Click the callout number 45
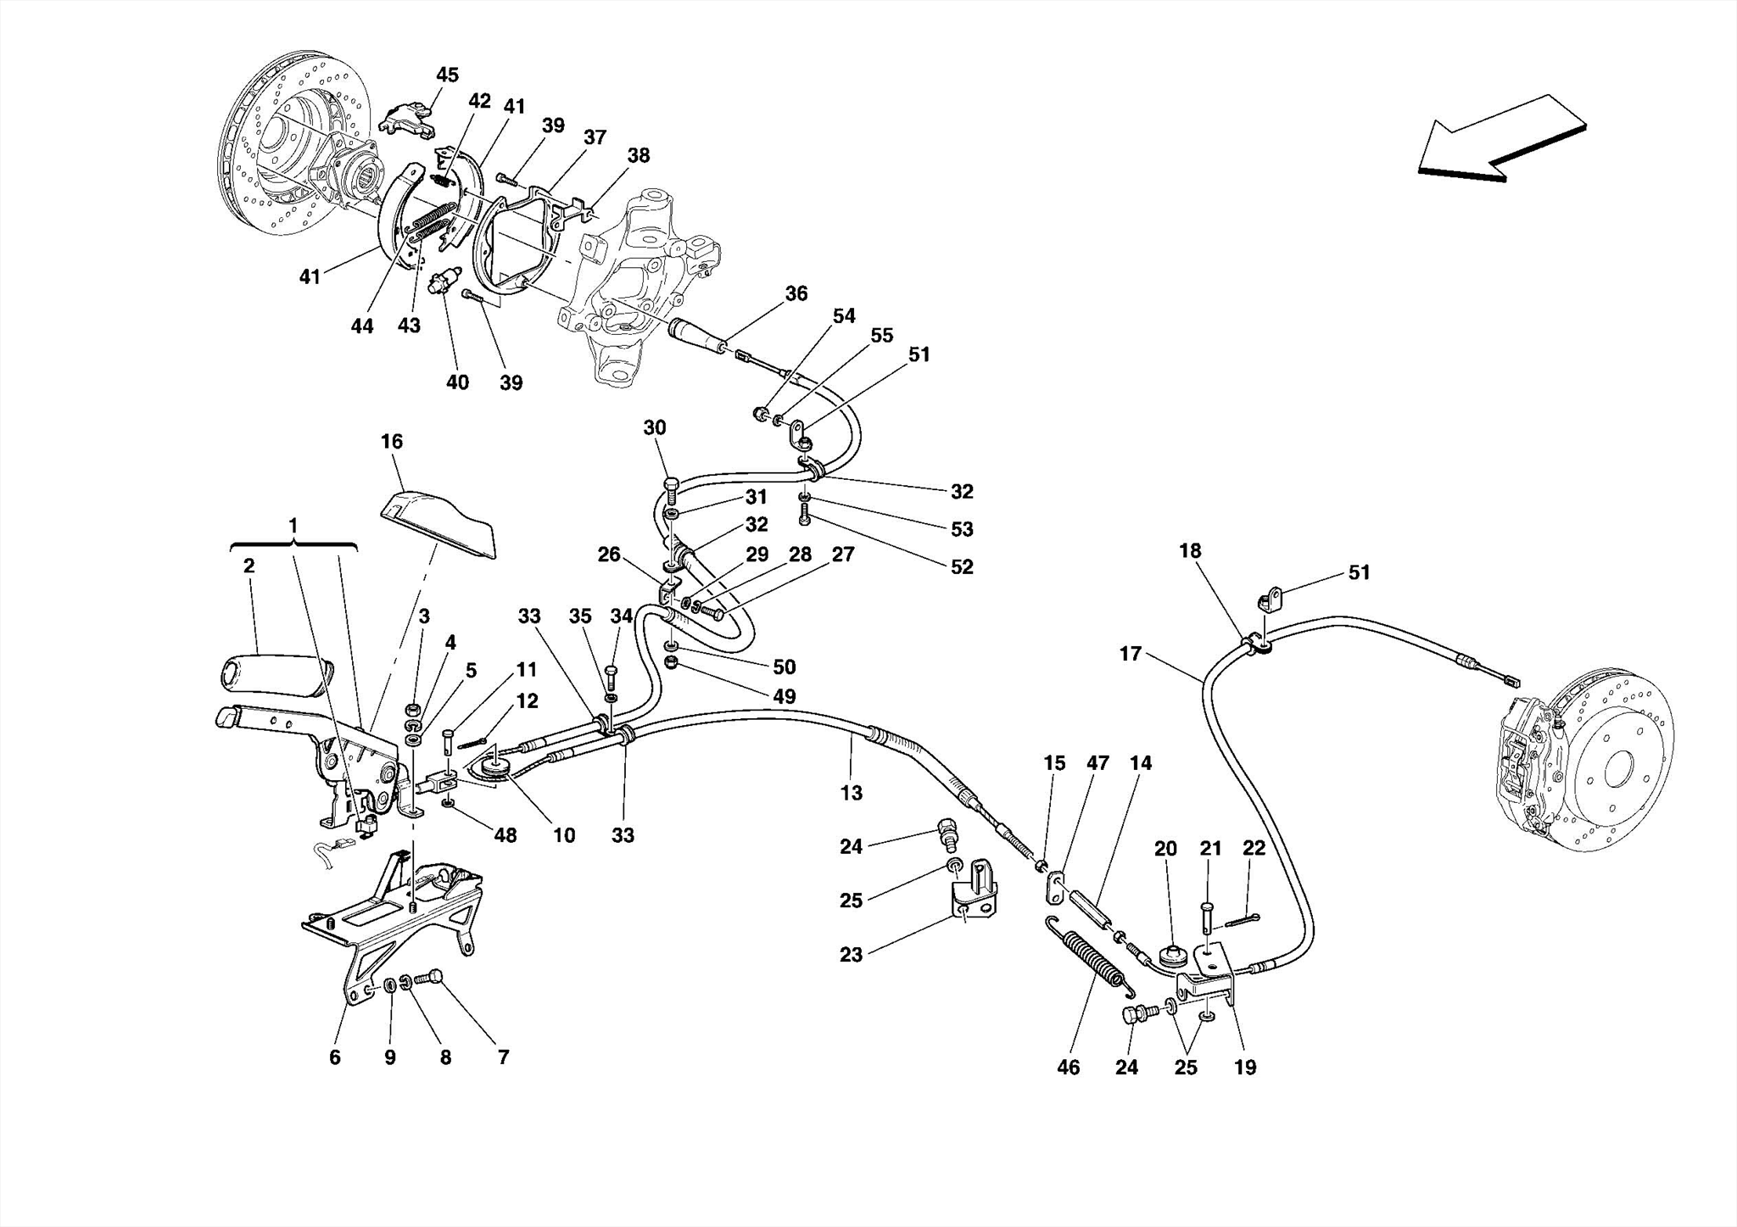pos(447,75)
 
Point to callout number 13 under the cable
pos(851,793)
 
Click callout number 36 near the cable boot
pos(796,293)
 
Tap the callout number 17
pos(1130,654)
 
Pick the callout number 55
pos(881,335)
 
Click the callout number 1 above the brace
pos(293,526)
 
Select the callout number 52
pos(961,566)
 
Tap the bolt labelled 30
pos(670,487)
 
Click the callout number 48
pos(505,835)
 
